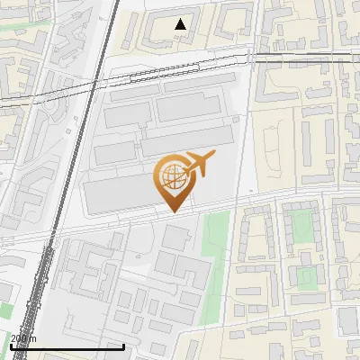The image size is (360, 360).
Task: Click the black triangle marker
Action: [181, 24]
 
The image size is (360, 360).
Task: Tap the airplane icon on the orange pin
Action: [200, 162]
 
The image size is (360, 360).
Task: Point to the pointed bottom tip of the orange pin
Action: [173, 211]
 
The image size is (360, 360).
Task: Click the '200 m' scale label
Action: [24, 337]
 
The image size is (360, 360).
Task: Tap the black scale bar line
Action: [67, 346]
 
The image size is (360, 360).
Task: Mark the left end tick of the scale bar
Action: [12, 345]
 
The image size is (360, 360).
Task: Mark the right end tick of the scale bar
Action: [123, 345]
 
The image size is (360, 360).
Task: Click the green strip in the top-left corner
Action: [18, 24]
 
